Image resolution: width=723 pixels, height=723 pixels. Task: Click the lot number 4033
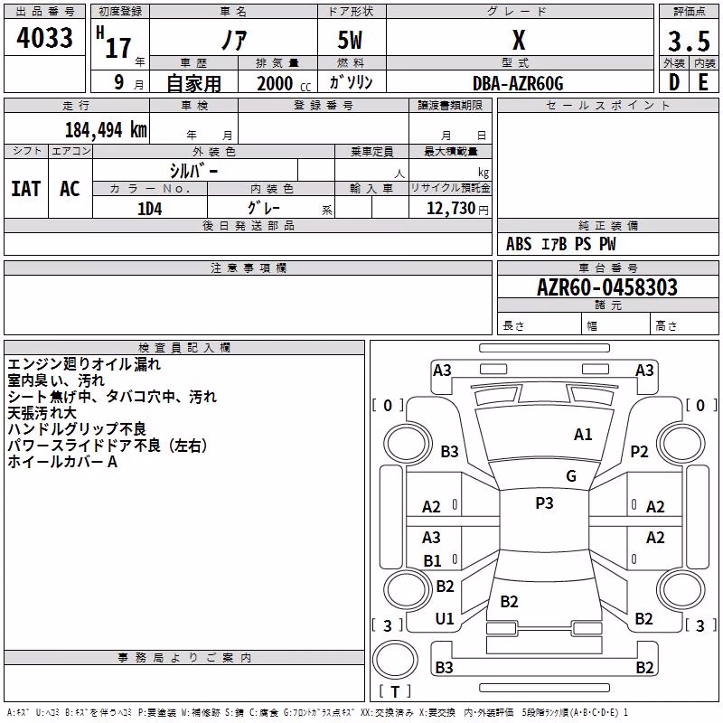coord(44,38)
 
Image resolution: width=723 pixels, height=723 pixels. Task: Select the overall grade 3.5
coord(689,41)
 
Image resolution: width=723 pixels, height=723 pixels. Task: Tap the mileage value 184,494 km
coord(106,130)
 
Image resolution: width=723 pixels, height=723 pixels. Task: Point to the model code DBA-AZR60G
coord(518,83)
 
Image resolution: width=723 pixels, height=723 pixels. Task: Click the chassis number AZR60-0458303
coord(607,287)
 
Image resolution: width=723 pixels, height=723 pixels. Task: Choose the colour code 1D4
coord(150,209)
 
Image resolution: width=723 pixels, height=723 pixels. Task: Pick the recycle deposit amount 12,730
coord(451,209)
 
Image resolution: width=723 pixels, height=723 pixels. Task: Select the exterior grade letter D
coord(674,82)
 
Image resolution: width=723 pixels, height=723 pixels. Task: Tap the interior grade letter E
coord(703,82)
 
